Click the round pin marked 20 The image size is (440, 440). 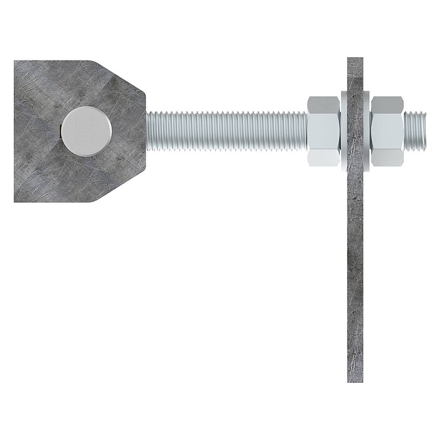[87, 131]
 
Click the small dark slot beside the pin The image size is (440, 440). [61, 131]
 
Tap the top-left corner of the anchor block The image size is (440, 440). [14, 61]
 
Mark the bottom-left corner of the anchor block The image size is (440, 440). [14, 202]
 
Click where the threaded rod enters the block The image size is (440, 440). [146, 131]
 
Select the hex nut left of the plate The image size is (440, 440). [324, 131]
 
